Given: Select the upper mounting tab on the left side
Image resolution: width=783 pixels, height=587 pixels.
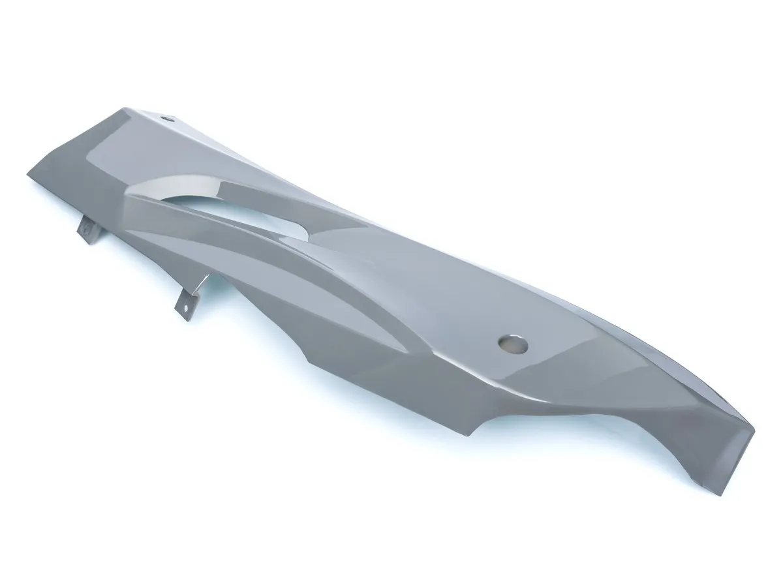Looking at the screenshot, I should [x=87, y=229].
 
